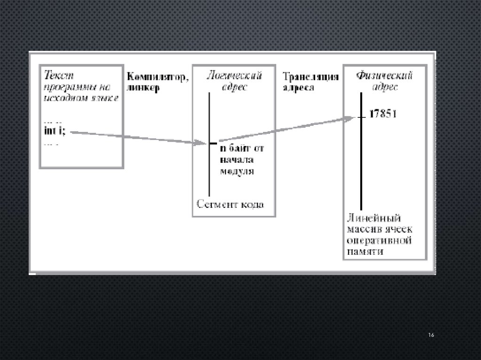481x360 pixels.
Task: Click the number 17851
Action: pos(383,114)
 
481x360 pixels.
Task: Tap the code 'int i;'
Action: pos(54,130)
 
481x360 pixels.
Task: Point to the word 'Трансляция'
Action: pos(310,77)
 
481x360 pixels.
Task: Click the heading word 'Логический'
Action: pos(235,76)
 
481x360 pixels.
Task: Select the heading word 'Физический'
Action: pos(384,76)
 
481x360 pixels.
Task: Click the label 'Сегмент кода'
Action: pos(230,204)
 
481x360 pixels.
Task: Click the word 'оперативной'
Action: pos(380,241)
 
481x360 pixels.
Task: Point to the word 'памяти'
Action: pos(365,252)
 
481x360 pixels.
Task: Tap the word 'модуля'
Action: pos(237,171)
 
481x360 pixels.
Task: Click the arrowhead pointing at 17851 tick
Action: pos(348,118)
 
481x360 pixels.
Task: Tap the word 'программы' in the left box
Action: pos(66,86)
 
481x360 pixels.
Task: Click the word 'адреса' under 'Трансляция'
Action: pos(298,88)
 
